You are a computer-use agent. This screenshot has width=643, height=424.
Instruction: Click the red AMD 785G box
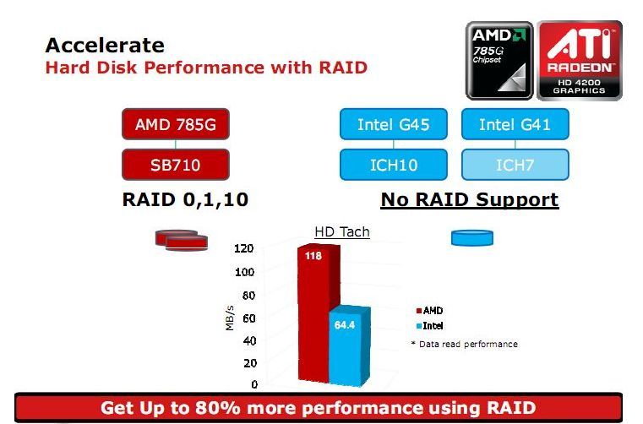pos(176,124)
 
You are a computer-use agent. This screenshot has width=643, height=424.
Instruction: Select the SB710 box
pos(176,165)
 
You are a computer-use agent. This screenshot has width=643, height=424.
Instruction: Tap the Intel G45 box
pos(393,124)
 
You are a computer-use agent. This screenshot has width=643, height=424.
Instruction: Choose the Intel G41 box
pos(515,124)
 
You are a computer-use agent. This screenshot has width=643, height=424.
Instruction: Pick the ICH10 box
pos(393,165)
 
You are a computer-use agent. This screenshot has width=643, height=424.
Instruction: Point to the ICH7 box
pos(515,165)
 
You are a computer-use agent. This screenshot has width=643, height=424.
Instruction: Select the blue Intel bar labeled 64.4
pos(349,346)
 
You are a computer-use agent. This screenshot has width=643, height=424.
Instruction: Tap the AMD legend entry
pos(429,311)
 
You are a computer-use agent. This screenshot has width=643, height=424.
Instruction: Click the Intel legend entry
pos(429,326)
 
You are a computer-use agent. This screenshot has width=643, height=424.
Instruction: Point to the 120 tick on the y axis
pos(243,248)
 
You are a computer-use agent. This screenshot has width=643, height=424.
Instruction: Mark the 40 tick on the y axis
pos(249,340)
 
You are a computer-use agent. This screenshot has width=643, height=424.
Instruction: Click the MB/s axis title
pos(230,318)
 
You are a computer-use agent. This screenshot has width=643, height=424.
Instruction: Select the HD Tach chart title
pos(342,231)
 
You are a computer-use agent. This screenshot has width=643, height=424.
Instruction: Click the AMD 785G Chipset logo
pos(499,61)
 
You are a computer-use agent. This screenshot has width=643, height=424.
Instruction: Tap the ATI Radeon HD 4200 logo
pos(580,61)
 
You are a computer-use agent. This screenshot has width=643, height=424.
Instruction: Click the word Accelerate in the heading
pos(105,45)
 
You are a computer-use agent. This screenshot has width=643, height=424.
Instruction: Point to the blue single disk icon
pos(472,238)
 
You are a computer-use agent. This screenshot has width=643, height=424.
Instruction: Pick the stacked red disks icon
pos(182,240)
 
